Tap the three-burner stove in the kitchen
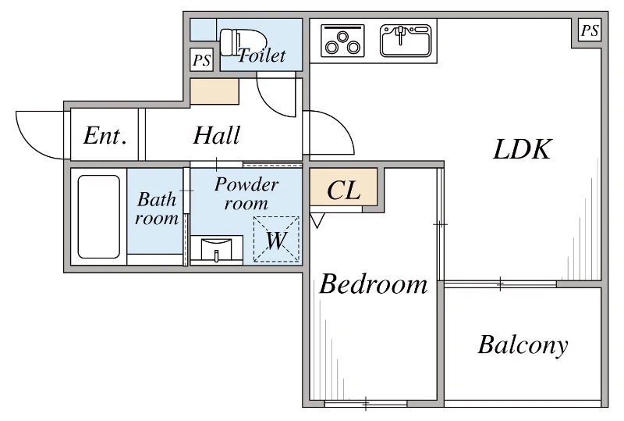click(342, 41)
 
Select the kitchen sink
click(406, 41)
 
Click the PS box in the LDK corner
click(590, 30)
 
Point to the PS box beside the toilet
click(202, 60)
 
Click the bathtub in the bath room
click(99, 216)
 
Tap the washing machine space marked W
click(276, 239)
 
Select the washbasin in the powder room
click(217, 250)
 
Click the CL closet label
click(344, 190)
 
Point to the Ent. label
click(105, 136)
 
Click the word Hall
click(217, 135)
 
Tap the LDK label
click(522, 149)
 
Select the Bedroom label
click(374, 284)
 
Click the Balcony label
click(523, 345)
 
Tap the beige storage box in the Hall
click(214, 91)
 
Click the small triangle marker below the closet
click(317, 220)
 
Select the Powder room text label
click(246, 194)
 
